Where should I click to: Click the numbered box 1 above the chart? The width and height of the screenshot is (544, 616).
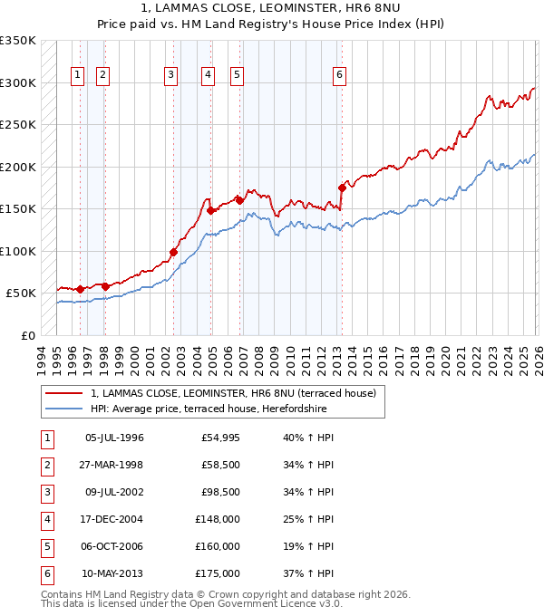coord(78,75)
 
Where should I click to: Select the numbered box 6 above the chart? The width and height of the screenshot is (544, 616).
coord(339,75)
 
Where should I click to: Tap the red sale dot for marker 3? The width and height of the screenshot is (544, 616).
coord(173,253)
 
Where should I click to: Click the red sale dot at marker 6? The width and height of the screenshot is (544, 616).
coord(342,188)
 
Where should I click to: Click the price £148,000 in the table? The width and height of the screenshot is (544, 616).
coord(218,519)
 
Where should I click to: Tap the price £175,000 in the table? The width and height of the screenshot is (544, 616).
coord(218,573)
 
